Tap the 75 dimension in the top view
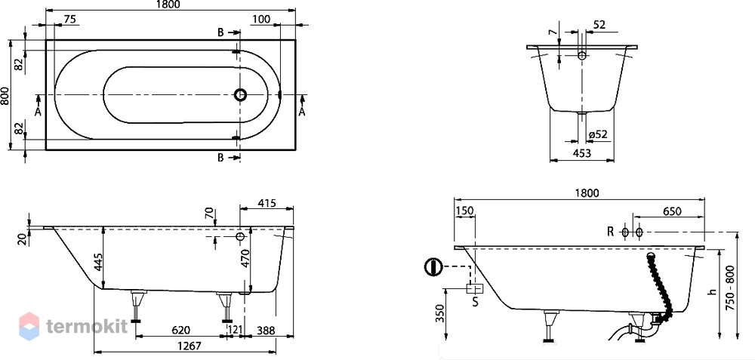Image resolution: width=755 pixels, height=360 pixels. [69, 19]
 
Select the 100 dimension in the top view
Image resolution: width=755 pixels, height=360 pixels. [260, 19]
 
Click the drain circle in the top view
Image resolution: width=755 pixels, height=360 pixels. [240, 95]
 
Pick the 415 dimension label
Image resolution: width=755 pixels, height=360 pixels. [267, 203]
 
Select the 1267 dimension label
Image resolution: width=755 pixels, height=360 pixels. [186, 346]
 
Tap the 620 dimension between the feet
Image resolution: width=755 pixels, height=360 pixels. [180, 330]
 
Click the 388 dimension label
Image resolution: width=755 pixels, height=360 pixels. [267, 330]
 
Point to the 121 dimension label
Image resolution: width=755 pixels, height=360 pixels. [236, 330]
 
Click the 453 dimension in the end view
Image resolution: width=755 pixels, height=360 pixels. [582, 153]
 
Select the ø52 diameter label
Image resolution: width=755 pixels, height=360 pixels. [597, 135]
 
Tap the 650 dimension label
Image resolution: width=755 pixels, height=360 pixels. [673, 211]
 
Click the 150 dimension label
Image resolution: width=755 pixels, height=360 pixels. [466, 211]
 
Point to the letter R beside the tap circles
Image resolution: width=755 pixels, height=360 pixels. [610, 232]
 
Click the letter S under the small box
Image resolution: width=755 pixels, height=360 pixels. [476, 303]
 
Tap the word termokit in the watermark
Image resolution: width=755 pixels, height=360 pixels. [87, 326]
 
